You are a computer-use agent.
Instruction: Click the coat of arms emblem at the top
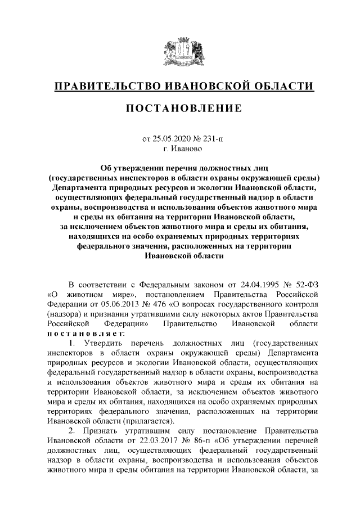tap(180, 49)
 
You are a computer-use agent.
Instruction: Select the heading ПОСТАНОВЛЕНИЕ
tap(180, 107)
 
